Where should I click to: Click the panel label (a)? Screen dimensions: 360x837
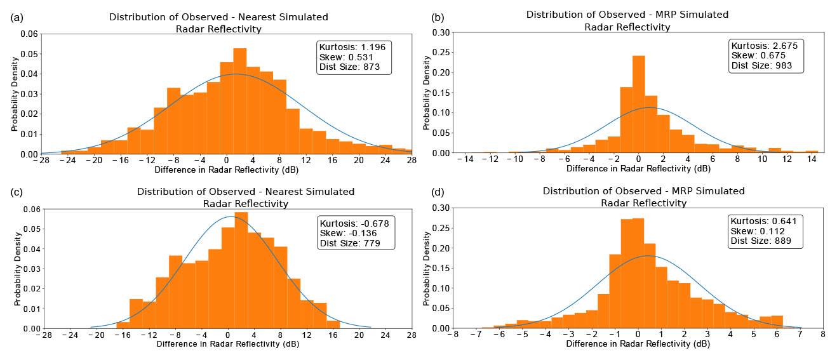17,18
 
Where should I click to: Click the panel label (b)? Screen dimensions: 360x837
438,17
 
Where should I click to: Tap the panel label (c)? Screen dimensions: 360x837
17,194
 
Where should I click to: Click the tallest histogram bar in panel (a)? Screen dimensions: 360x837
239,102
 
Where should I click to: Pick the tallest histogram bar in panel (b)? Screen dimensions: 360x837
639,105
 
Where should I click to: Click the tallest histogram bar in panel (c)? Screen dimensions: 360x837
241,270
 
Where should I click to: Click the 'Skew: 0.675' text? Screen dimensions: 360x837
758,55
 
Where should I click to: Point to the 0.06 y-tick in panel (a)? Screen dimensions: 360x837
29,33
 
